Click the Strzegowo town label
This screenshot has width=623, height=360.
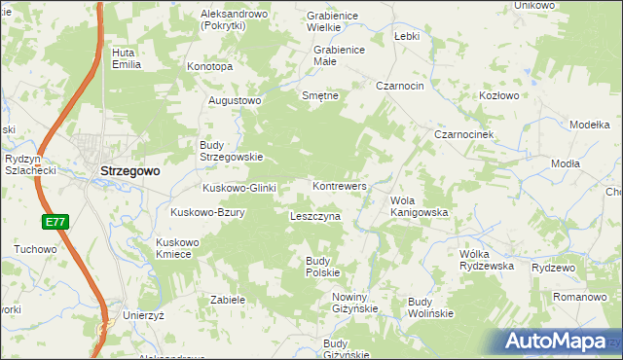(130, 171)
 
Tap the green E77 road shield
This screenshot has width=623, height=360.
(55, 223)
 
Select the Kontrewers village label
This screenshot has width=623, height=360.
(339, 185)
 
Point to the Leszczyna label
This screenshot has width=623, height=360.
(314, 216)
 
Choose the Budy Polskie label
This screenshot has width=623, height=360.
(322, 266)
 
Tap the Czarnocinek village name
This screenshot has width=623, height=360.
(466, 133)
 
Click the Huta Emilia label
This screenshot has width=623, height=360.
(127, 58)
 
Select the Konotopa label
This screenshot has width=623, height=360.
(209, 66)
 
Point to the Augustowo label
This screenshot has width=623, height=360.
(235, 100)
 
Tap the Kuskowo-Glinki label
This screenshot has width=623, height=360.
(239, 188)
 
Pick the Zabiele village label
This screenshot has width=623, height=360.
(227, 300)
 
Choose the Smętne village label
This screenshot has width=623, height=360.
(320, 95)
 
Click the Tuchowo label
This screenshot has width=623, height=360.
(35, 249)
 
